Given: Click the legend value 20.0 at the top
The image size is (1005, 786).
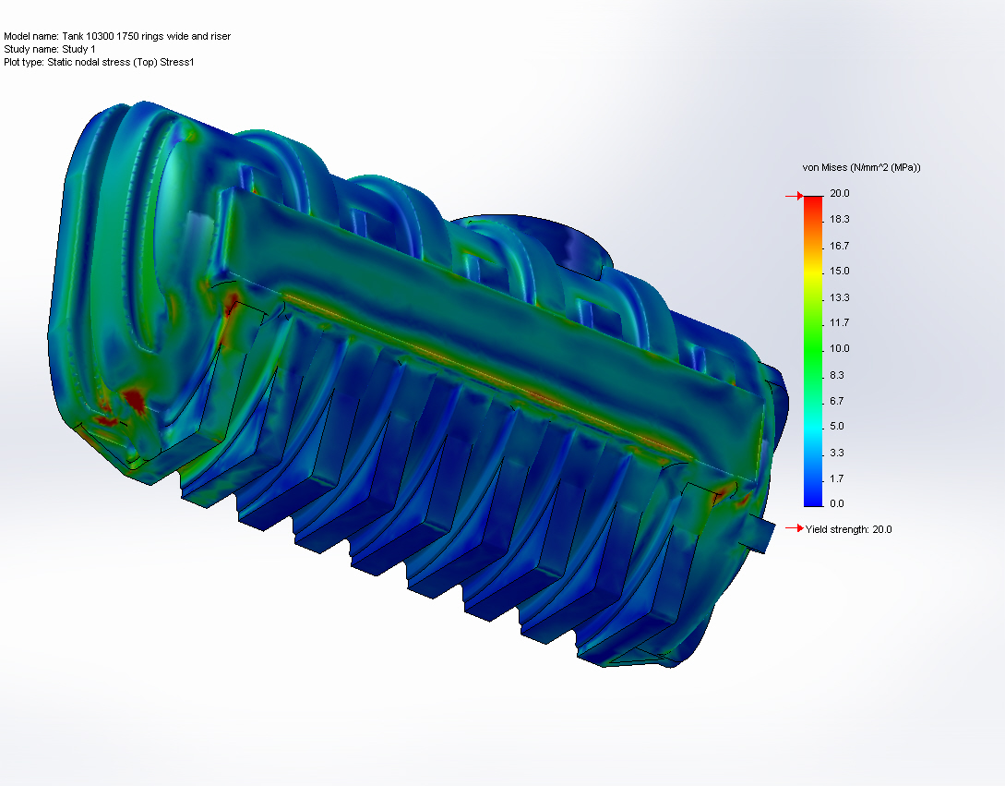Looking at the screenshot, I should (839, 193).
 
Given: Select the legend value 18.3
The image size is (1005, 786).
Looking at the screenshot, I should (839, 219).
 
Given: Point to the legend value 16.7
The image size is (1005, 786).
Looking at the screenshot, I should (839, 246).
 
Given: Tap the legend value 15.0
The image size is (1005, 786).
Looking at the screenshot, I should (839, 271).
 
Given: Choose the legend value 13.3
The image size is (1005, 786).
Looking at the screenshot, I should (839, 297).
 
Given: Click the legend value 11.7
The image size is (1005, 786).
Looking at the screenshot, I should (839, 322).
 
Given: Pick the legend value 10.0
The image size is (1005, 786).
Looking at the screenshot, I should (839, 348).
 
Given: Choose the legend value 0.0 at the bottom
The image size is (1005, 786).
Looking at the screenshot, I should (837, 503).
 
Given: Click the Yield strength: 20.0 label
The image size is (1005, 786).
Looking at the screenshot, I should (848, 529).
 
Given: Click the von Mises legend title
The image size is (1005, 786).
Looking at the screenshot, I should (861, 167).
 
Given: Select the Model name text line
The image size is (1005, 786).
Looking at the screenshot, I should (117, 36).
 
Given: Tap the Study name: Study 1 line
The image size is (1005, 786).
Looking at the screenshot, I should (50, 49).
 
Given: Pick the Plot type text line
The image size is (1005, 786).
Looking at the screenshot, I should (99, 62).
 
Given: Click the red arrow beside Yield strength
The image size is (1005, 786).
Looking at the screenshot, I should (793, 528).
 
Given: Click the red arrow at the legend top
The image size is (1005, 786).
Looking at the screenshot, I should (792, 196).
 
